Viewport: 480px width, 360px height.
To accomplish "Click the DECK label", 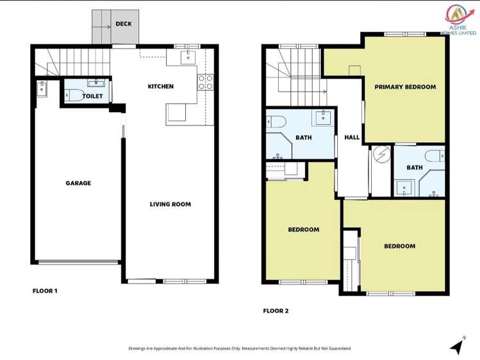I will click(x=123, y=25).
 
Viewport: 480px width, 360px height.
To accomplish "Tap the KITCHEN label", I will click(x=160, y=86).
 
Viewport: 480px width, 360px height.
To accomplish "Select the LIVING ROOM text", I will click(x=170, y=204).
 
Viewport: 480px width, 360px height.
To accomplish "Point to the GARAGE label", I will click(x=78, y=183).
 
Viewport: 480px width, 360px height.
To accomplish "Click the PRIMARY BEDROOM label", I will click(x=405, y=87).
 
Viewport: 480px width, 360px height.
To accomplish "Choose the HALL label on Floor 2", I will click(x=352, y=138).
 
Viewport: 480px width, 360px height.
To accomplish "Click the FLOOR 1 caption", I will click(x=45, y=291).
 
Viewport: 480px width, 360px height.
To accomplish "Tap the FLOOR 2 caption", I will click(x=276, y=311).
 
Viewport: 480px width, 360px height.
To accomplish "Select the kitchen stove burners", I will click(x=206, y=82).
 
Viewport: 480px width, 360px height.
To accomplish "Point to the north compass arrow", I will click(x=457, y=347).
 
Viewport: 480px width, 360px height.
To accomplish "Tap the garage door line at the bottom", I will click(x=78, y=261).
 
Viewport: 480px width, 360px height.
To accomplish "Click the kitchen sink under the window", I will click(x=188, y=58).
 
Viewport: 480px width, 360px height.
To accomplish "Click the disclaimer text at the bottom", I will click(x=240, y=348).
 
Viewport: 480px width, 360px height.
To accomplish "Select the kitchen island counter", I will click(x=177, y=114).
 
